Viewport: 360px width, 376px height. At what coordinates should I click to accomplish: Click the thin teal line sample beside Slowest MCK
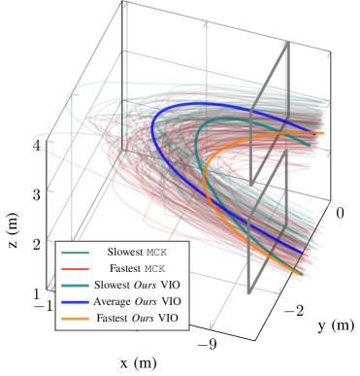[x=75, y=252]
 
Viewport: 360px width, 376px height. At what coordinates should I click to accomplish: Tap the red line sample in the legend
[x=75, y=268]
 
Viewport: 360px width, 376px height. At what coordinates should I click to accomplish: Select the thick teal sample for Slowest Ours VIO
[x=75, y=285]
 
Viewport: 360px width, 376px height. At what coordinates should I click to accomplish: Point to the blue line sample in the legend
[x=75, y=302]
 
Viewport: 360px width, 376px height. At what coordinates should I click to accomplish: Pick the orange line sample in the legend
[x=75, y=319]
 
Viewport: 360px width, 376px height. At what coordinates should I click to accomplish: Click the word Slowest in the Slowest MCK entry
[x=124, y=252]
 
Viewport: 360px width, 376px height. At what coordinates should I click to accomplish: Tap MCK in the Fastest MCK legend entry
[x=155, y=268]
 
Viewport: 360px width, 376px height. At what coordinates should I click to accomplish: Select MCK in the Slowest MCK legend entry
[x=156, y=252]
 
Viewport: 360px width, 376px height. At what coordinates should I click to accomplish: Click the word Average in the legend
[x=114, y=302]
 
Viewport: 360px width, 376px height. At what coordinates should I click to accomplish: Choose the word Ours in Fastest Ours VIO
[x=147, y=319]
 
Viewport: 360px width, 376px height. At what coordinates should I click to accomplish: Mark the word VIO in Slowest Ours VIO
[x=170, y=285]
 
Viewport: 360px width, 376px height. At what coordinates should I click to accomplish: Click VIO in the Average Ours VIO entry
[x=171, y=302]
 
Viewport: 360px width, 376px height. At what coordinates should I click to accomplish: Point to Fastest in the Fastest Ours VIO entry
[x=115, y=319]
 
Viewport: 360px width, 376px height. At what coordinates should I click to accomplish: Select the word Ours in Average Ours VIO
[x=147, y=302]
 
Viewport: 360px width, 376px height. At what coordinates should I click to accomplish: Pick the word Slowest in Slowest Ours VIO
[x=113, y=285]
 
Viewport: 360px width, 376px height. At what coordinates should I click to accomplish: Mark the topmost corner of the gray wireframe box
[x=125, y=3]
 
